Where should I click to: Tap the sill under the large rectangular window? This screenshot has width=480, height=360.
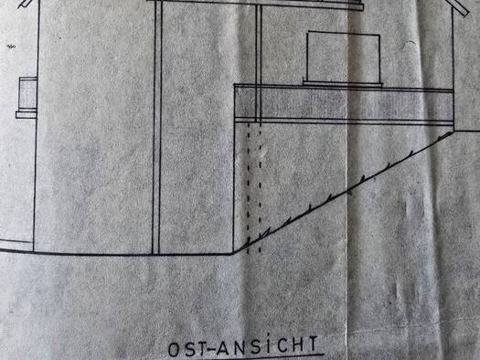343,82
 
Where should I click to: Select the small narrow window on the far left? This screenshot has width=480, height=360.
27,93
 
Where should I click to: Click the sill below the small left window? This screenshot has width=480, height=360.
27,114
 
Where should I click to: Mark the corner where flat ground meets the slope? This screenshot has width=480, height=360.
234,253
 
